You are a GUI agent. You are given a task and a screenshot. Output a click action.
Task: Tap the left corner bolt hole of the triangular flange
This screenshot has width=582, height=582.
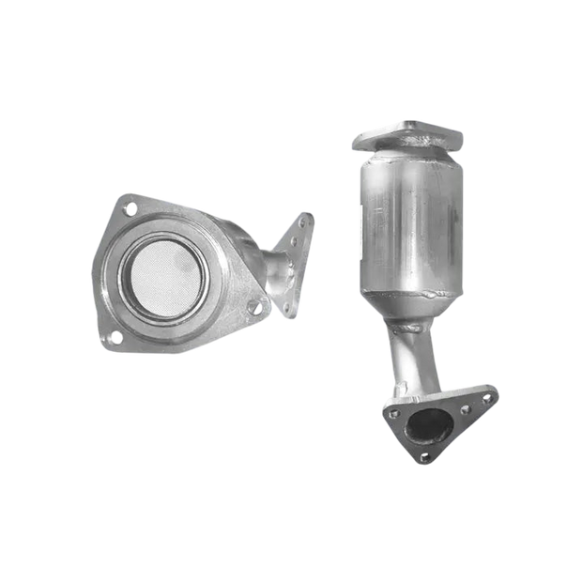coord(390,409)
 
